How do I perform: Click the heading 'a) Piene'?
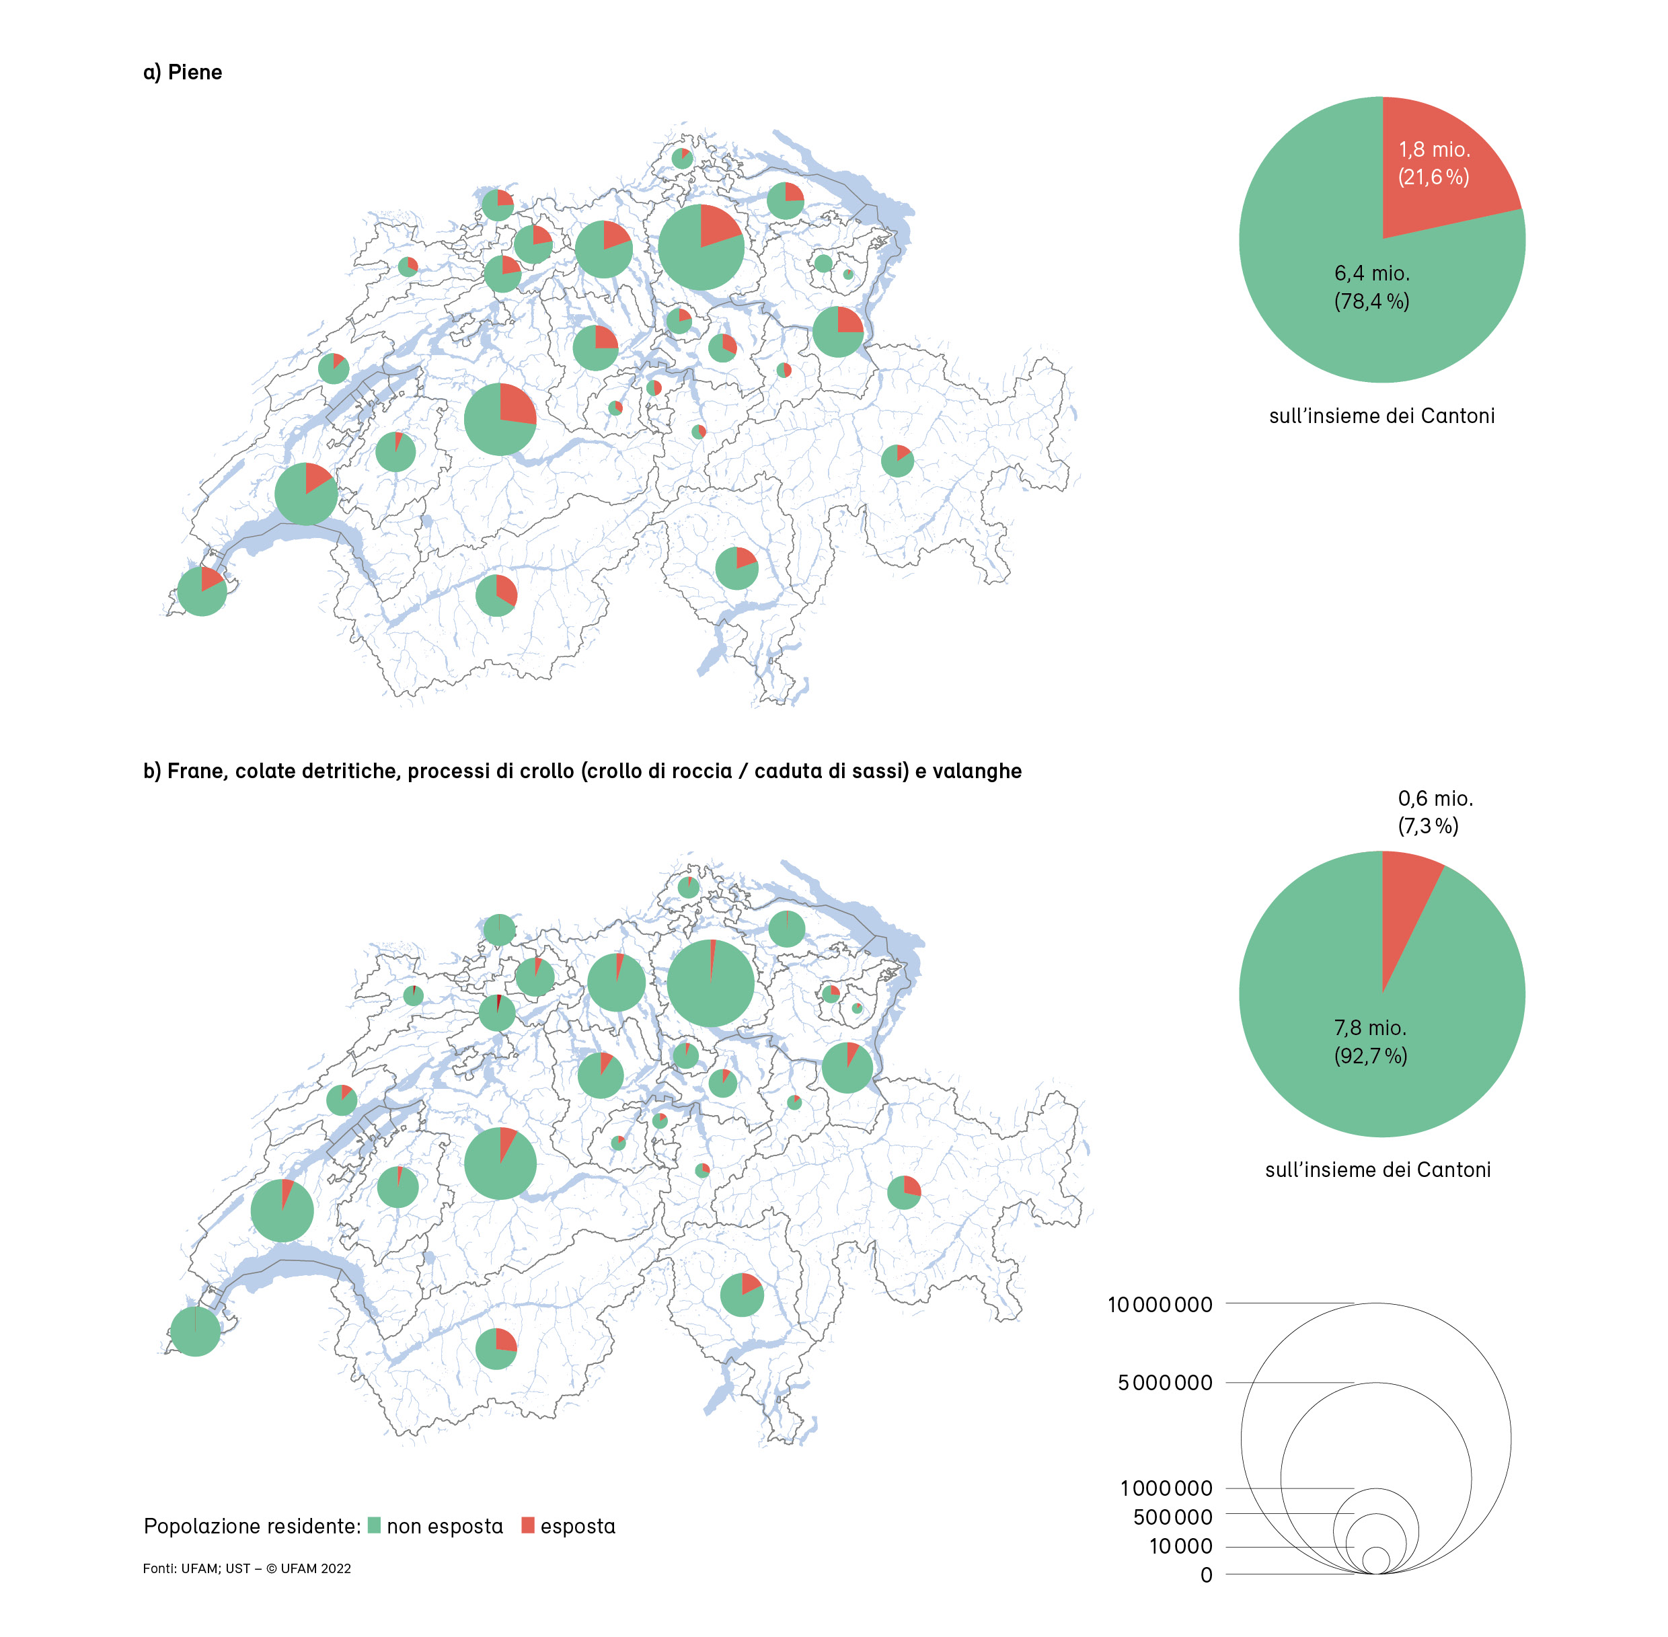pos(182,72)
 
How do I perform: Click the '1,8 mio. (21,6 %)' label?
pos(1433,163)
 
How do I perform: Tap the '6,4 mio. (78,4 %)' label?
pos(1371,287)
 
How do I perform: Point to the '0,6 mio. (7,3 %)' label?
pos(1434,812)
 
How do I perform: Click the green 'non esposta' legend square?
pos(374,1525)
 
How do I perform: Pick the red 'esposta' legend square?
pos(528,1525)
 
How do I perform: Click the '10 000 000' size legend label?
pos(1159,1304)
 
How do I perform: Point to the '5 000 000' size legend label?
pos(1164,1383)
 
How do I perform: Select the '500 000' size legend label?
pos(1172,1517)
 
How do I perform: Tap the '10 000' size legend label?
pos(1180,1546)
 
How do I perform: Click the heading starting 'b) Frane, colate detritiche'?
pos(582,771)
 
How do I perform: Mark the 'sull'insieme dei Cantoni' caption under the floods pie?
pos(1381,416)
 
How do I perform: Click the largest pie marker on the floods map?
pos(701,248)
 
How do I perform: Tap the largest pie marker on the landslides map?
pos(710,983)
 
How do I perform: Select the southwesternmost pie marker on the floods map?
pos(202,592)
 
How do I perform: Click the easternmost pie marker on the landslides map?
pos(904,1192)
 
